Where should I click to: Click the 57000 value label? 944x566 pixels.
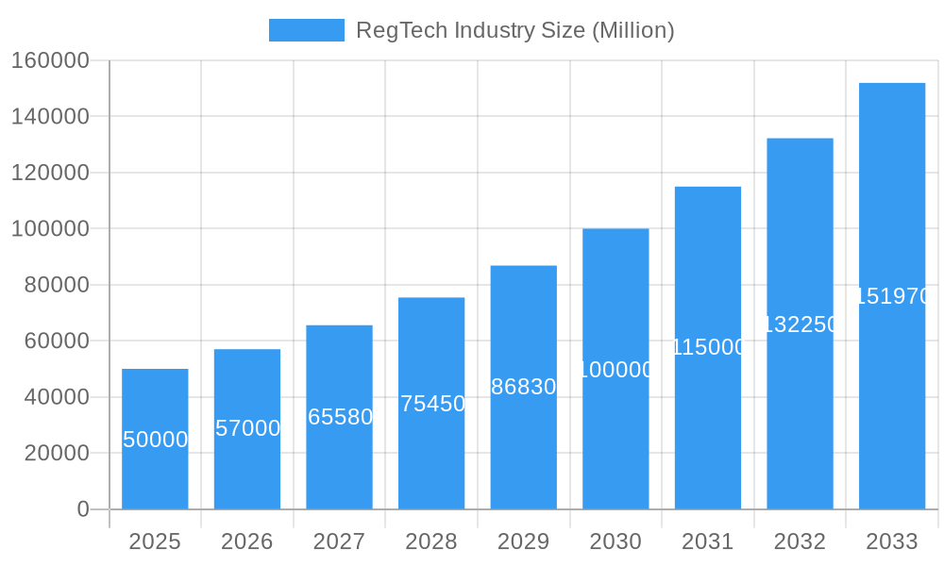247,428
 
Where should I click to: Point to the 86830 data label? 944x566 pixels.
524,387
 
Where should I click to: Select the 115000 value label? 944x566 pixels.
708,347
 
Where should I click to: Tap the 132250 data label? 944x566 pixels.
800,325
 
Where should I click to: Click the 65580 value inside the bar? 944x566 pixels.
340,417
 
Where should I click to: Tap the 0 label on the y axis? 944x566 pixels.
83,509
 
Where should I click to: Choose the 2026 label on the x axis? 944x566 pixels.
247,541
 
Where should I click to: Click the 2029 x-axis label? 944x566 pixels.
524,541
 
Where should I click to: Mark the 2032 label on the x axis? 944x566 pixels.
800,541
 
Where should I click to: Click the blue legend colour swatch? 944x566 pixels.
307,30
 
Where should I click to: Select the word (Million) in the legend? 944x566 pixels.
632,30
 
